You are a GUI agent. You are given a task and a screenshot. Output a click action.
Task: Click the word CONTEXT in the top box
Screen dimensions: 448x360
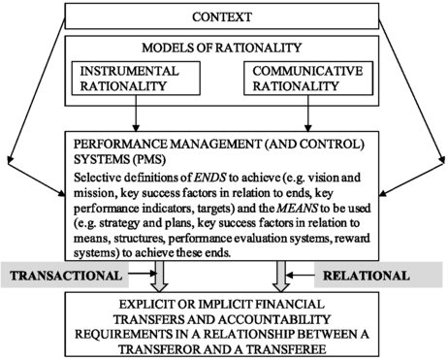click(224, 17)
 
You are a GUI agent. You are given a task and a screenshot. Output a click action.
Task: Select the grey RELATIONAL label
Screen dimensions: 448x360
click(367, 276)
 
